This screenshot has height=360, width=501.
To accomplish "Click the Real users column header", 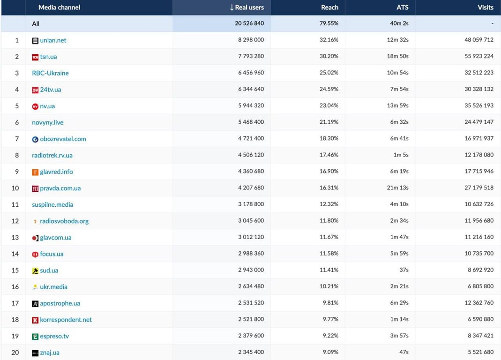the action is tap(247, 7).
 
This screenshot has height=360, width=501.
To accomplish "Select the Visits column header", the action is tap(486, 7).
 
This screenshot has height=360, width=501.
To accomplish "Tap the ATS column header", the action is tap(402, 7).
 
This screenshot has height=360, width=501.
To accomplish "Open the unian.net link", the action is tap(53, 40).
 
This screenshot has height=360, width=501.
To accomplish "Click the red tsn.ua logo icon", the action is tap(35, 57).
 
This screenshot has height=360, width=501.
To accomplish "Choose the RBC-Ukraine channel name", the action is tap(50, 73).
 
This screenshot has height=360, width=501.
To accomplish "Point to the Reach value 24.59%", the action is tap(329, 89).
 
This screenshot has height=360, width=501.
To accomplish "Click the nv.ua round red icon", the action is tap(35, 106).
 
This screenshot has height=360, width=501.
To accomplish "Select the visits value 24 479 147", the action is tap(479, 122).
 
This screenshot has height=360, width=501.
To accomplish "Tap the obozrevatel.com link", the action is tap(63, 139).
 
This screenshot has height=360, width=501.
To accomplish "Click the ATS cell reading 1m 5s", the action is tap(401, 155).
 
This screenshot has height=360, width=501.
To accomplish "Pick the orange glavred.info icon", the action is tap(35, 172).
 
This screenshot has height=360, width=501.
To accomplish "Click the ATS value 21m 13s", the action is tap(397, 187).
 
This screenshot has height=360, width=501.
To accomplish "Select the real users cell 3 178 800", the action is tap(251, 204).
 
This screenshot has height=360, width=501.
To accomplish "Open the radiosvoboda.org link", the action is tap(64, 221).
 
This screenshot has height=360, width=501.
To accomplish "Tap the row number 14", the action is tap(15, 254).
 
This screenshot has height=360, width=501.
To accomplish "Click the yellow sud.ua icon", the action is tap(35, 271).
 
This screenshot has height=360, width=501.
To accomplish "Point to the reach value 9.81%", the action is tap(330, 303).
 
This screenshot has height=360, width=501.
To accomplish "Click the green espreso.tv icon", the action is tap(35, 337).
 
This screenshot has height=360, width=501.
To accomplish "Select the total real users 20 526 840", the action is tap(249, 23).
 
